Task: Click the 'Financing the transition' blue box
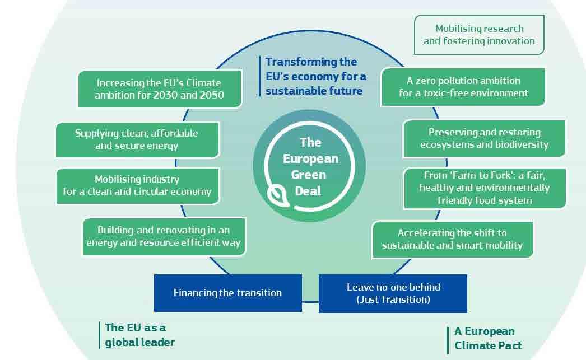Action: (228, 293)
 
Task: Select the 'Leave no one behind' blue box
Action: (393, 293)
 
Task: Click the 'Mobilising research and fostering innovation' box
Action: (479, 35)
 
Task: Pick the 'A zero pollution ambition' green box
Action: (463, 87)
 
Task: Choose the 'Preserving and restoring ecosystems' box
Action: (484, 138)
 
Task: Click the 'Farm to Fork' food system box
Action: (485, 188)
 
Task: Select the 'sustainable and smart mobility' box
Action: (453, 240)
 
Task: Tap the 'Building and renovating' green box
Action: (164, 237)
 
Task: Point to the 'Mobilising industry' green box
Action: (137, 186)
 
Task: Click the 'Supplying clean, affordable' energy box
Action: (137, 139)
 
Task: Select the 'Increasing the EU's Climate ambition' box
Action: (160, 89)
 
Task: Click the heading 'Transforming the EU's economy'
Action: (316, 76)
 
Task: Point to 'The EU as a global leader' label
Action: (139, 335)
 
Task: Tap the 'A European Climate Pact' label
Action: (488, 338)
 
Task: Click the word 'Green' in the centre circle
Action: (309, 175)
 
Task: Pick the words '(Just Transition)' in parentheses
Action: (393, 300)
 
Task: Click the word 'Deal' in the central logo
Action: (308, 191)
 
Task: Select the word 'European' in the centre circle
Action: (310, 159)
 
